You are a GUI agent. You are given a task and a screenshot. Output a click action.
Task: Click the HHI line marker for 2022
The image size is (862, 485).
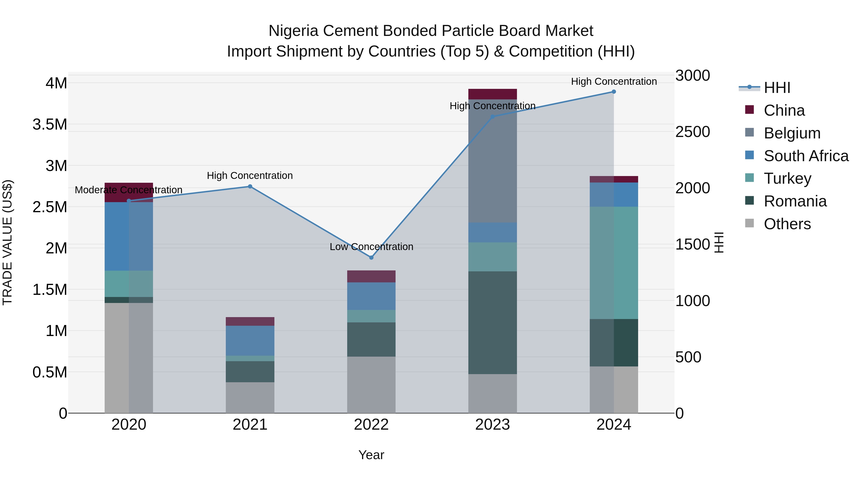[x=371, y=257]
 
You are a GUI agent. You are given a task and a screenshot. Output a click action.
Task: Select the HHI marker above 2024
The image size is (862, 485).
[x=614, y=92]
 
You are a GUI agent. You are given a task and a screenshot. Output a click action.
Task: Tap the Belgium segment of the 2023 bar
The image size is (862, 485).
[x=492, y=161]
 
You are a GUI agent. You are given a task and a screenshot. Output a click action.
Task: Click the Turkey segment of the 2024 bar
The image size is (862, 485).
[x=614, y=263]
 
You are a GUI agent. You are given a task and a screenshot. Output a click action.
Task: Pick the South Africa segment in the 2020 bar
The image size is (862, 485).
[x=129, y=236]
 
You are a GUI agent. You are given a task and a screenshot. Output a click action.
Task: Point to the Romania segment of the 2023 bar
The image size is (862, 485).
[x=492, y=322]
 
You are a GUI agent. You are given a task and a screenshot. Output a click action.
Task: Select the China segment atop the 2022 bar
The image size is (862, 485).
[x=371, y=276]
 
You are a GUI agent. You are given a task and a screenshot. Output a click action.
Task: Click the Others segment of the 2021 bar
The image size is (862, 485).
[x=250, y=397]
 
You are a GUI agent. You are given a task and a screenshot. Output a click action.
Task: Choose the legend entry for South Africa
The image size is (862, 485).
[x=806, y=156]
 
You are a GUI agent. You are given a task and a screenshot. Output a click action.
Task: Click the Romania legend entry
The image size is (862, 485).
[x=795, y=201]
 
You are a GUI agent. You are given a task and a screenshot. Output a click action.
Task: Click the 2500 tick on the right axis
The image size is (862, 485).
[x=692, y=132]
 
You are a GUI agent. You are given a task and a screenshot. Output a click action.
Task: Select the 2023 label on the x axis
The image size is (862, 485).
[x=492, y=425]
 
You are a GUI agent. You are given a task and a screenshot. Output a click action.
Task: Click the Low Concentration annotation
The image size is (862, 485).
[x=371, y=247]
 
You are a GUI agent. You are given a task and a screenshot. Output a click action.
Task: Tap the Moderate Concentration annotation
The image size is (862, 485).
[x=129, y=190]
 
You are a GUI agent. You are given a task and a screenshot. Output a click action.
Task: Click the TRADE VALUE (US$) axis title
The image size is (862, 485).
[x=7, y=242]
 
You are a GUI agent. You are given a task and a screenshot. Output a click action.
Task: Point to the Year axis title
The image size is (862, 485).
[x=371, y=455]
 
